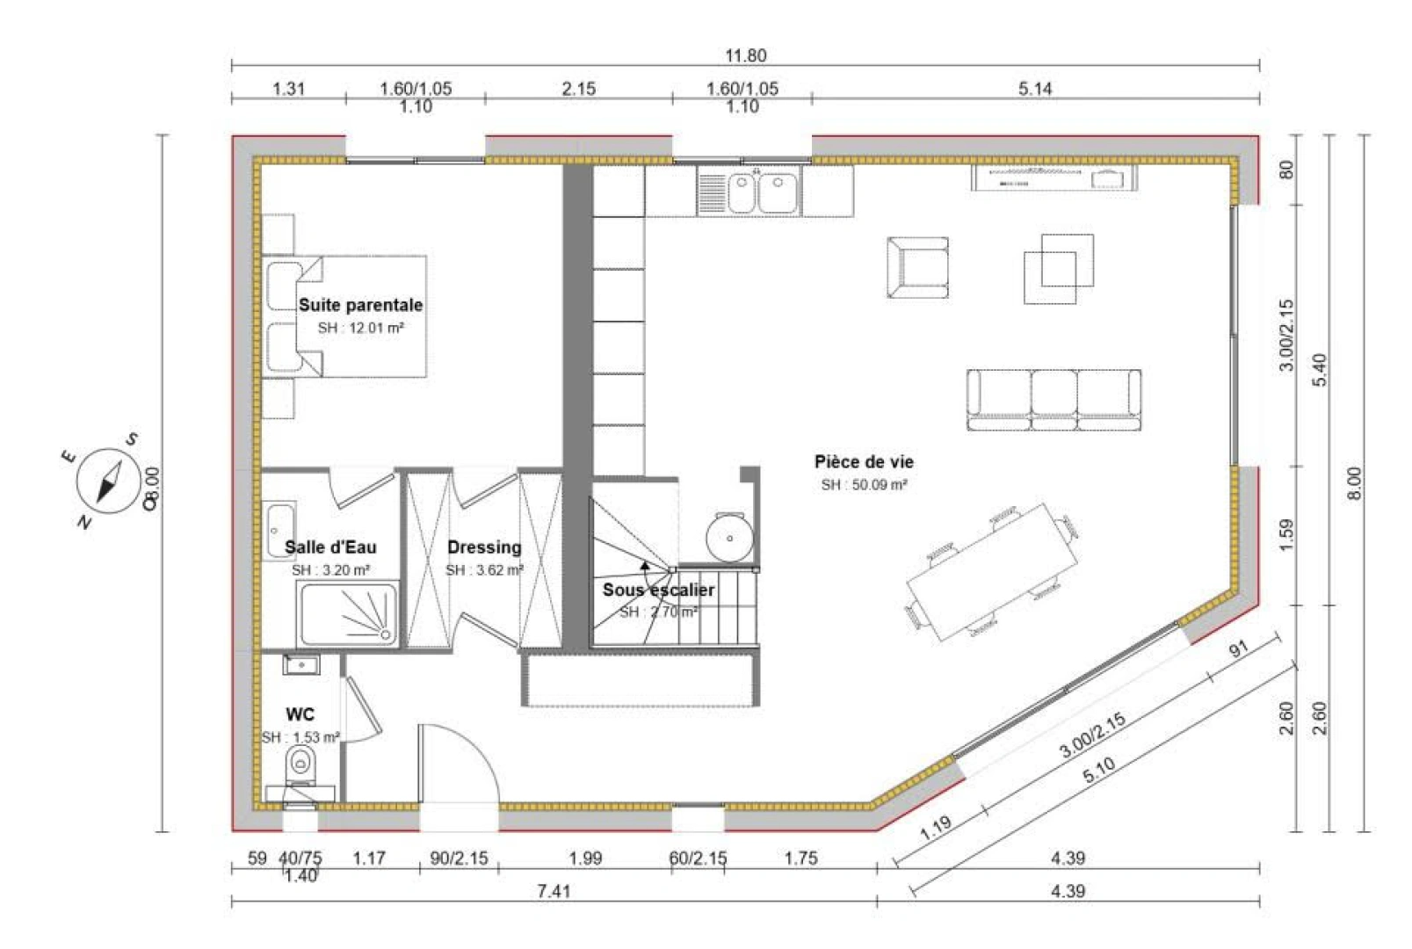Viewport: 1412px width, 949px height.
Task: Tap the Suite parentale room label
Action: [360, 305]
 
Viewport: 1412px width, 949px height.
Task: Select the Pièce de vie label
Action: [864, 461]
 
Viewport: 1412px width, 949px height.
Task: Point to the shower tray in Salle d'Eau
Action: [349, 613]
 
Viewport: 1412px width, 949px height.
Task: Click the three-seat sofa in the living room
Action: [1054, 400]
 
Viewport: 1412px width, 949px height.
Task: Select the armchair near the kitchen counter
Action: [917, 267]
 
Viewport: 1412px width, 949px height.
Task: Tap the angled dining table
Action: [993, 572]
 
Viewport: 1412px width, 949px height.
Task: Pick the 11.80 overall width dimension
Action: [745, 55]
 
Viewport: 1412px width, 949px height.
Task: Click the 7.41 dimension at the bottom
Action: [554, 891]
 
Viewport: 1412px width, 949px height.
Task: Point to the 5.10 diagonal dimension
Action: [1098, 771]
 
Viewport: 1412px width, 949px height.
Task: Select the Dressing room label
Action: [484, 547]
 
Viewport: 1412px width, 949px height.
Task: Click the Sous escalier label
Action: [658, 590]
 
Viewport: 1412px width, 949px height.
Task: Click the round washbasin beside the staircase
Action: [729, 538]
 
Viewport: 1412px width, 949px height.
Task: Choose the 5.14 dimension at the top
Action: [1035, 88]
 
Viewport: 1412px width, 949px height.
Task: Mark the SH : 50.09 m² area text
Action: [864, 484]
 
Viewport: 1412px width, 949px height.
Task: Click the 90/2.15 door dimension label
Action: [459, 858]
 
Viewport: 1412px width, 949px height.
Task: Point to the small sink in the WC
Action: [301, 664]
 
